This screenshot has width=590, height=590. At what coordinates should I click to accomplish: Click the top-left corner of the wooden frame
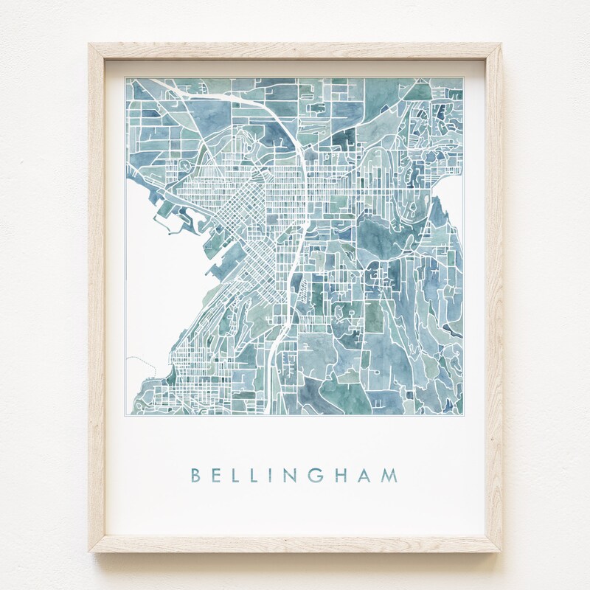tap(90, 44)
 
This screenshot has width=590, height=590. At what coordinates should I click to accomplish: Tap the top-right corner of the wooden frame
tap(502, 44)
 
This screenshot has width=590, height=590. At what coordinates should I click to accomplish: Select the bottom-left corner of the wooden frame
tap(90, 553)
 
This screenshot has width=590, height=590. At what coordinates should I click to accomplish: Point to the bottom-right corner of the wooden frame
tap(502, 553)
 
